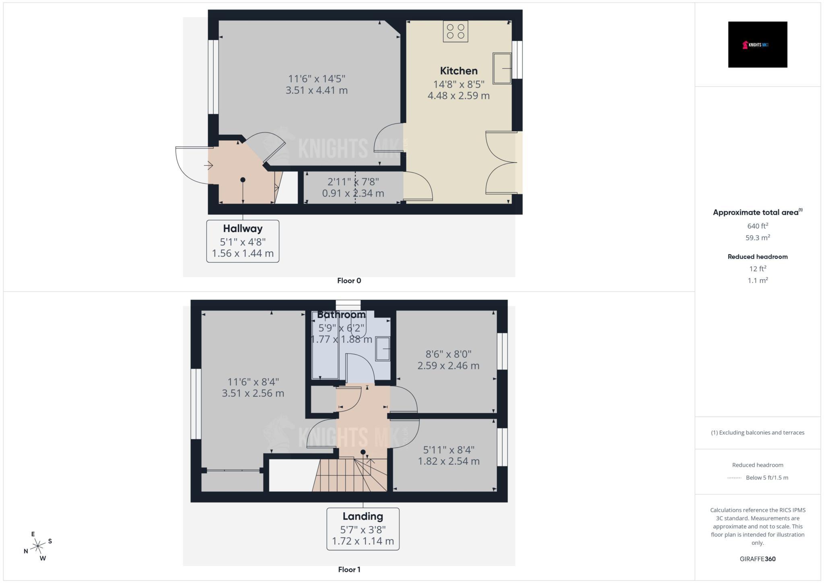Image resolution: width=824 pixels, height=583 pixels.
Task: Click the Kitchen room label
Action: tap(459, 71)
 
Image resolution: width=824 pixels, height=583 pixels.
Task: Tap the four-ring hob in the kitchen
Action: tap(455, 31)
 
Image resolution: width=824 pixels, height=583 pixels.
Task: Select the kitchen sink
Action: tap(502, 68)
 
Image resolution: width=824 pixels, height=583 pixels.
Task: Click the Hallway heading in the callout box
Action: tap(243, 229)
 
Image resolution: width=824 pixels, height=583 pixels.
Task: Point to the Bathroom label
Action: tap(341, 315)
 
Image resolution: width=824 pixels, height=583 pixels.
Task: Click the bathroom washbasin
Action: tap(383, 349)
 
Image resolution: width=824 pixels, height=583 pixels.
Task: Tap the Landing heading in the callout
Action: tap(363, 516)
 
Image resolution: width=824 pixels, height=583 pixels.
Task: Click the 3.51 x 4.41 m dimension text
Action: tap(317, 91)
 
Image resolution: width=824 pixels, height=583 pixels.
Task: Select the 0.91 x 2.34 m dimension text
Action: tap(353, 194)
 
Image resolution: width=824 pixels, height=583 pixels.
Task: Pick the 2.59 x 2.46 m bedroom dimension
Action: tap(448, 366)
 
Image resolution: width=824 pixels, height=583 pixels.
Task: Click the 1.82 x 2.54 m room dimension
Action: tap(449, 461)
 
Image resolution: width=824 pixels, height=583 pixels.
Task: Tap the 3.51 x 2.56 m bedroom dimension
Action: tap(253, 393)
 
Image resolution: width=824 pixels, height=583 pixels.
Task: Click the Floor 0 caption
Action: tap(349, 281)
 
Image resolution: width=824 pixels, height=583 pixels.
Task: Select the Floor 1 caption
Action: tap(349, 570)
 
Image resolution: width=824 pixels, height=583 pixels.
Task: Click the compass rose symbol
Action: tap(38, 546)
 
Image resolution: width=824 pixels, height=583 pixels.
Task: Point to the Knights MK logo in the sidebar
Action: tap(757, 45)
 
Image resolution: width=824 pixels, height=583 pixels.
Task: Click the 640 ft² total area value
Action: tap(758, 226)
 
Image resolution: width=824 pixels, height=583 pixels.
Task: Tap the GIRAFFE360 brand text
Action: tap(758, 559)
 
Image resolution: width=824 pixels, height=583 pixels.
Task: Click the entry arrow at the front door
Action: tap(208, 165)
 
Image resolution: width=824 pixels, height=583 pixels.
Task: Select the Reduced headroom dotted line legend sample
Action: tap(734, 478)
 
